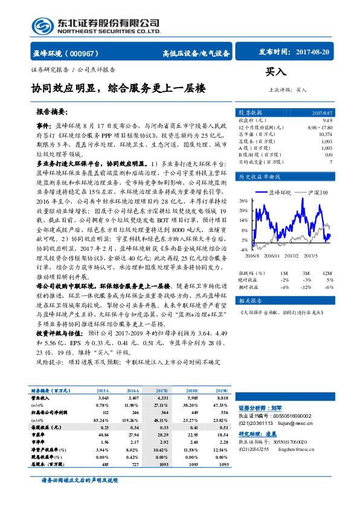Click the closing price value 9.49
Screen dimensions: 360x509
click(327, 120)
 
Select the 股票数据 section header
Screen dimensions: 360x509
click(250, 112)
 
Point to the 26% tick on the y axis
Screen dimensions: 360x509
click(244, 199)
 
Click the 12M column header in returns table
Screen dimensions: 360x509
click(328, 273)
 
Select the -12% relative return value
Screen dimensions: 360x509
click(307, 287)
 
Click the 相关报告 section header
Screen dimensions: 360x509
click(249, 300)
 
